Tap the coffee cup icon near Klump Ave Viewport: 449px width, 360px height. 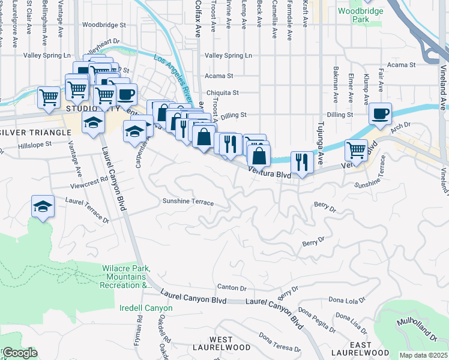tap(380, 113)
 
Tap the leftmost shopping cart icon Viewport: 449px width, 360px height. tap(48, 96)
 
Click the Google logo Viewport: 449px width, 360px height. tap(19, 353)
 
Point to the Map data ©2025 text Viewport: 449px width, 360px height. tap(423, 355)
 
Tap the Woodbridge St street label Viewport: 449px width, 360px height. tap(104, 26)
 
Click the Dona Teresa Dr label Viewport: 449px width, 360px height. tap(279, 342)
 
